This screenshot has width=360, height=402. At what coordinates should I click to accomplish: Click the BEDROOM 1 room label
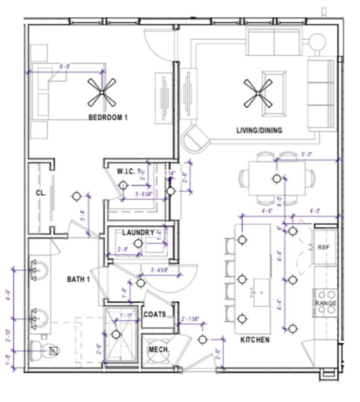(109, 117)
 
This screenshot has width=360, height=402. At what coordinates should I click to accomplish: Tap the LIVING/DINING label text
(259, 131)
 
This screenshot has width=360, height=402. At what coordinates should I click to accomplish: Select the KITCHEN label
(255, 339)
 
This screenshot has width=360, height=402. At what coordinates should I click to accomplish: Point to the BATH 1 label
(79, 279)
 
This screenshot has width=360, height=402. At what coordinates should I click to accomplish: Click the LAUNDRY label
(137, 233)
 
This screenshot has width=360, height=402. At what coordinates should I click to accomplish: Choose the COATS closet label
(155, 315)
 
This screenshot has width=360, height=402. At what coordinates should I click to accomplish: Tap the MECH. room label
(158, 351)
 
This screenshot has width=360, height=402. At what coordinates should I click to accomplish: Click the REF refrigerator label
(323, 248)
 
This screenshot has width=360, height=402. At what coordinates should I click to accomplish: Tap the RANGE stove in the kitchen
(326, 303)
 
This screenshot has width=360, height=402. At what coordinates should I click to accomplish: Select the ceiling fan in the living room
(258, 94)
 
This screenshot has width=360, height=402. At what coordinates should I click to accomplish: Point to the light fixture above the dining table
(276, 178)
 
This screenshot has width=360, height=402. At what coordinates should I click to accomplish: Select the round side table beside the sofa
(318, 42)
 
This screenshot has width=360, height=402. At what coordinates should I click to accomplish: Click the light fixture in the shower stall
(116, 334)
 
